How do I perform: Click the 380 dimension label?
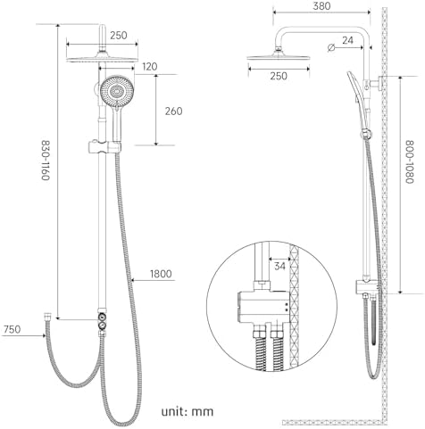321,6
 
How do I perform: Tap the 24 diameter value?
347,40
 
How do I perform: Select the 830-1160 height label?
45,161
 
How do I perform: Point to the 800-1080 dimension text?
410,162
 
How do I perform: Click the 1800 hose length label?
161,274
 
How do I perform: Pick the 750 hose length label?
12,329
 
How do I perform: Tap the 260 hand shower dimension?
173,111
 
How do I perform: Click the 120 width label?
149,67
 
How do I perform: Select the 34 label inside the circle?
279,266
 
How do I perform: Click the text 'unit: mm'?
187,412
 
